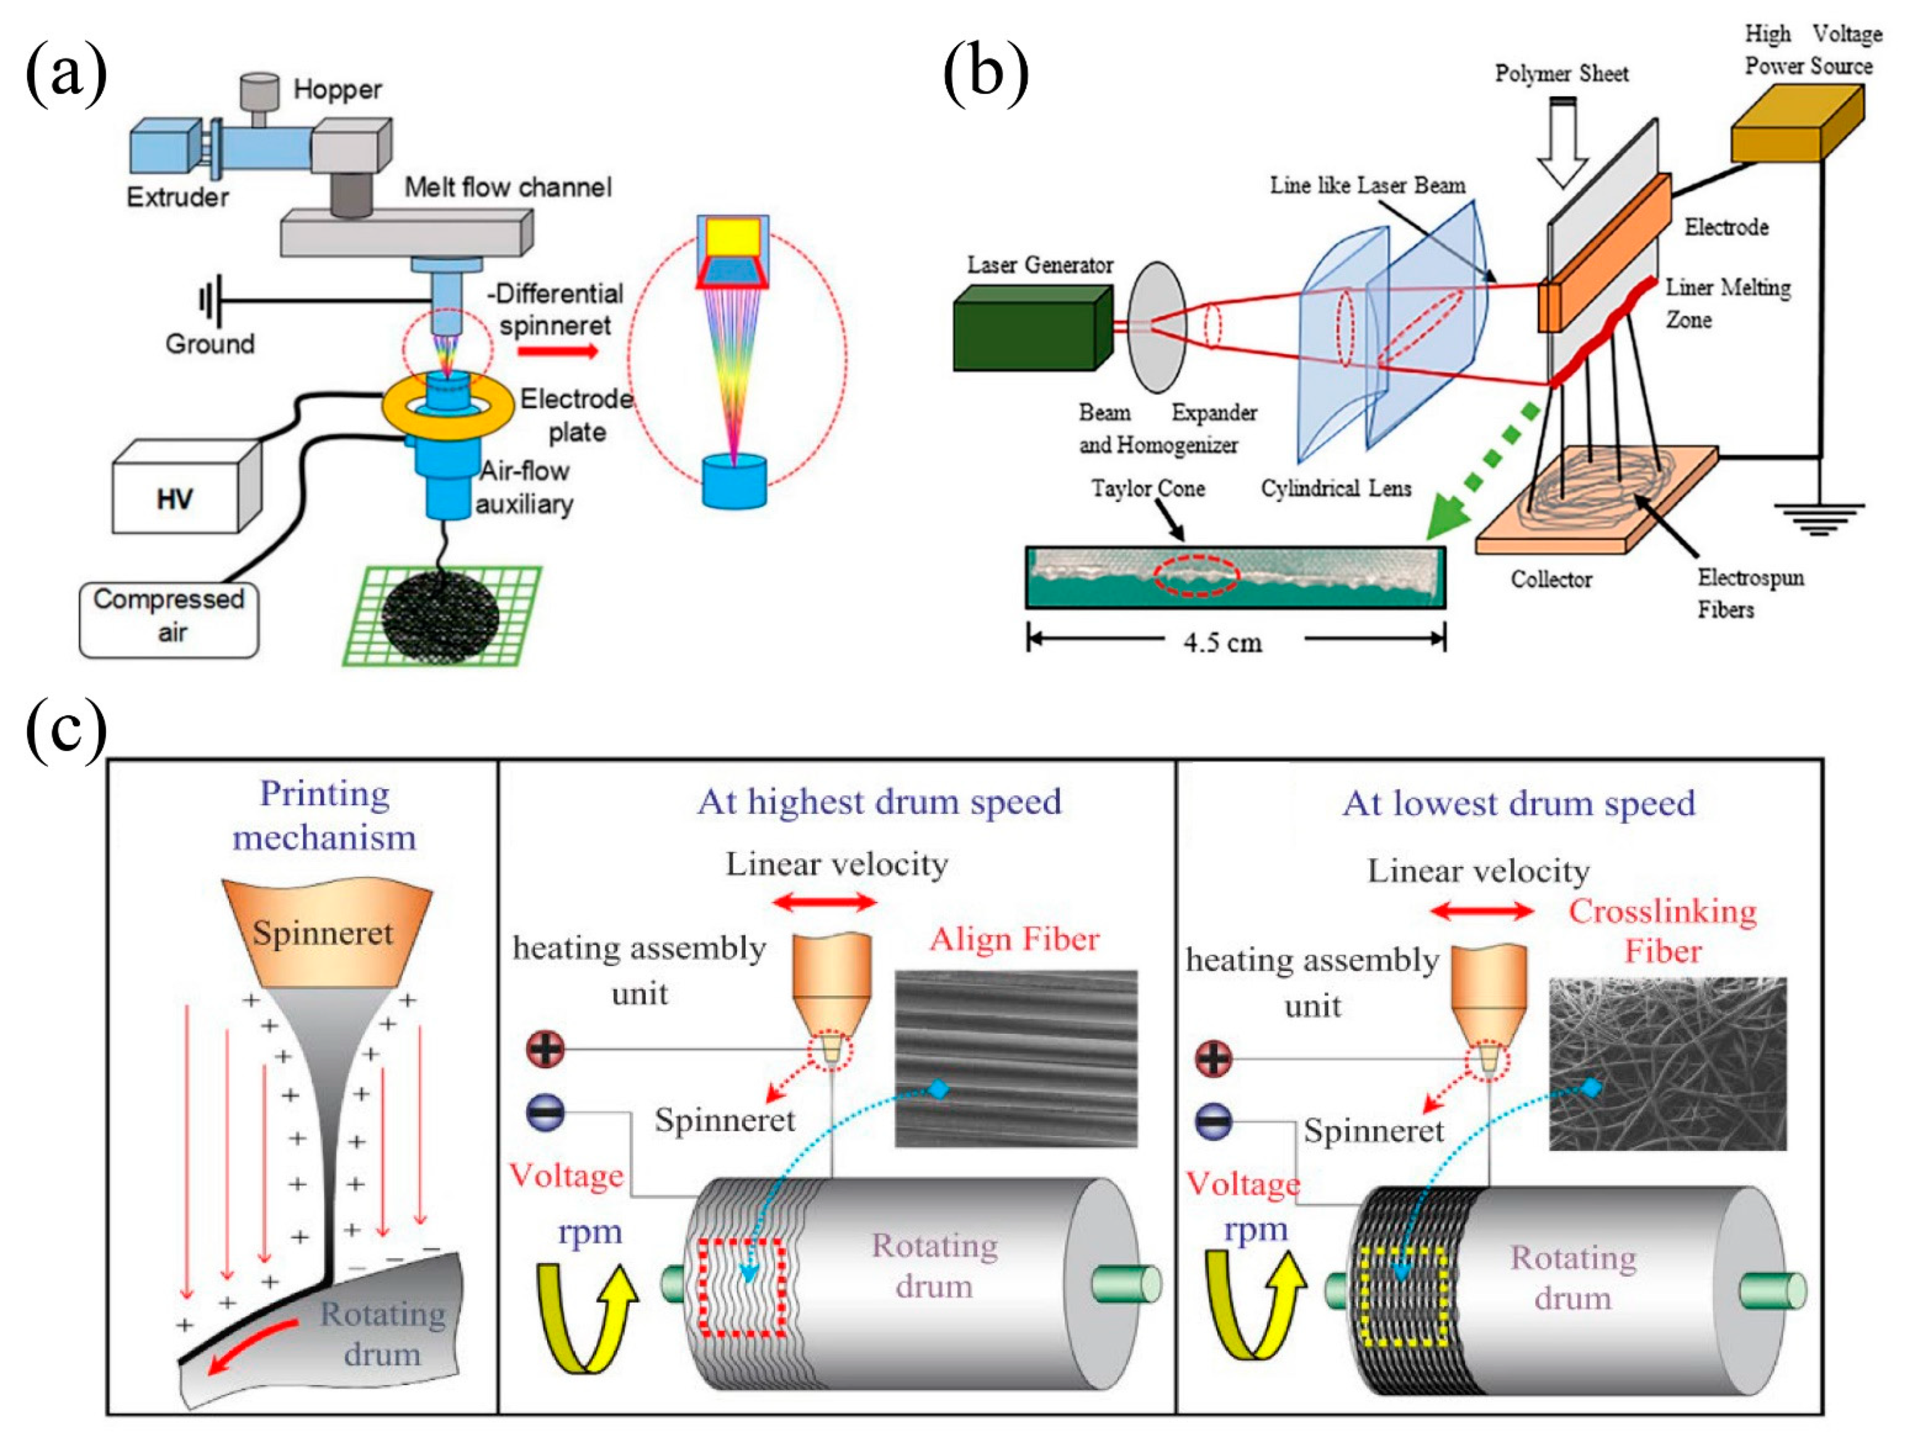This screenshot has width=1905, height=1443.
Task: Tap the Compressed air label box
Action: pos(169,617)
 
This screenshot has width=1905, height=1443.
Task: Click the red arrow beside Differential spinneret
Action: pos(557,351)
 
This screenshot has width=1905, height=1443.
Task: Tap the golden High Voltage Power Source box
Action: pos(1795,129)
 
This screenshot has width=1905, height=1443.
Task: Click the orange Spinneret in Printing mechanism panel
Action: pos(325,934)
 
